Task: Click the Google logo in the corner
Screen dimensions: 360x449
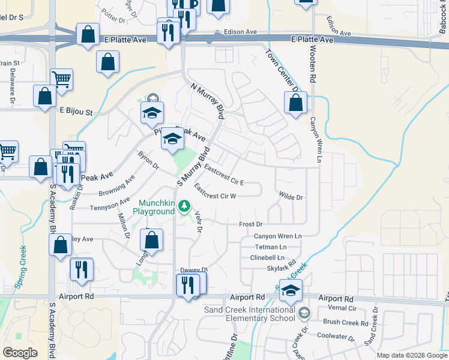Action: (x=20, y=352)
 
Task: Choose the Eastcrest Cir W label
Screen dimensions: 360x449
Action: (x=215, y=196)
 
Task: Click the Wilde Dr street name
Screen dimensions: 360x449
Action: (x=291, y=196)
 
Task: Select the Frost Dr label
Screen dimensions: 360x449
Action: (x=252, y=224)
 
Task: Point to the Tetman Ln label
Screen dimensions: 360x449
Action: (x=270, y=247)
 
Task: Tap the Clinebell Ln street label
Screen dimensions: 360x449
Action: (x=267, y=257)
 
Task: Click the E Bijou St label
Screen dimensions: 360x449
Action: (x=76, y=112)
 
